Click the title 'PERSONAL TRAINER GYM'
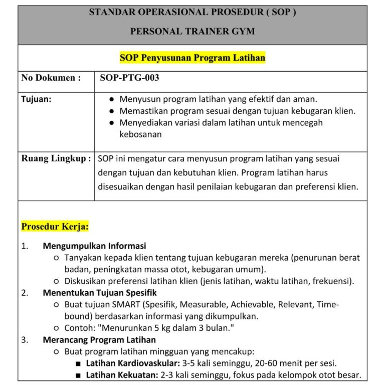(192, 31)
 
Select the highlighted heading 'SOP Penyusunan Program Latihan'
(192, 58)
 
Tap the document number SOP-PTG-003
(129, 78)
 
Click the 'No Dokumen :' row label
(51, 78)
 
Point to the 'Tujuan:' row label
(36, 99)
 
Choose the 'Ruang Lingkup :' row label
(56, 159)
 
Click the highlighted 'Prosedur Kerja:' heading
(55, 227)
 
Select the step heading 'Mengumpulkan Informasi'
(94, 246)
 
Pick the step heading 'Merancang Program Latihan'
(99, 340)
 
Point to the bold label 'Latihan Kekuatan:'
(118, 375)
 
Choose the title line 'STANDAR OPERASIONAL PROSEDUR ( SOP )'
(192, 12)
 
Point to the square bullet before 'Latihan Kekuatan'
(78, 375)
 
